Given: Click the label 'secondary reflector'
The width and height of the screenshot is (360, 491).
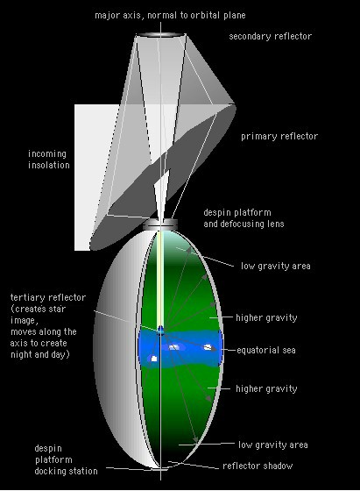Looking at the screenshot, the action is [271, 36].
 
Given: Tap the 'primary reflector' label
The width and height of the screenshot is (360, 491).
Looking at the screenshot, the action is [279, 136].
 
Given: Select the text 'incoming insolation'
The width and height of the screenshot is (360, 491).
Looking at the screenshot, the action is [49, 160].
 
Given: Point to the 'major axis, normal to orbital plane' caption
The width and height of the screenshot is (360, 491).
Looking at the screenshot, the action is [170, 16].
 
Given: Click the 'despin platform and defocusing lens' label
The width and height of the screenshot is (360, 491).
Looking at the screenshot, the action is [244, 218].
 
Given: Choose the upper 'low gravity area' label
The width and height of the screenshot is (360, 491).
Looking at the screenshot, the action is [276, 267].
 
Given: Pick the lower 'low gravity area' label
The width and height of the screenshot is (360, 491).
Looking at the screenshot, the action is [272, 445].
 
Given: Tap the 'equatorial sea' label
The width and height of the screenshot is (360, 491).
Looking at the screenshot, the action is [266, 350].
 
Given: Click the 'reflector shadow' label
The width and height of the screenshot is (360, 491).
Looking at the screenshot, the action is [258, 466].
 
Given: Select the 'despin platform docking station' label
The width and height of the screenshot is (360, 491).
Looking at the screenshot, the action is [66, 459].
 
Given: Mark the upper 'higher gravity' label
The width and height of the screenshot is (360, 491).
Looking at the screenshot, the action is [266, 317].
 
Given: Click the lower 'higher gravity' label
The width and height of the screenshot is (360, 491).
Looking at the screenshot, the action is [266, 388].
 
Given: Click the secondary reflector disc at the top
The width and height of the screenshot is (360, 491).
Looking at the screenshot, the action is [161, 35].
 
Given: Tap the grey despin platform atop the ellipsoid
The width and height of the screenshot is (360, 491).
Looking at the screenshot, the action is [160, 224].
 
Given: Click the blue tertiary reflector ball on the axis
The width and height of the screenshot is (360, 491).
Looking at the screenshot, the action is [160, 330].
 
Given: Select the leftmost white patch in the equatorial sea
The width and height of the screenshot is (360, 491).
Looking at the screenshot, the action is [153, 359].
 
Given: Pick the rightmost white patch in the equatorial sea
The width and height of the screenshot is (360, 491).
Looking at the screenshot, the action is [208, 347].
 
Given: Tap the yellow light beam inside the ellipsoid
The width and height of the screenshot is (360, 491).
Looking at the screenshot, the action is [160, 279].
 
